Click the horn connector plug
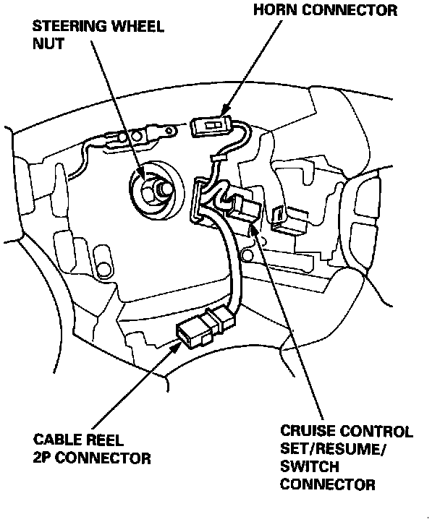[x=211, y=127]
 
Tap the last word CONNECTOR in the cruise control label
[x=327, y=484]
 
